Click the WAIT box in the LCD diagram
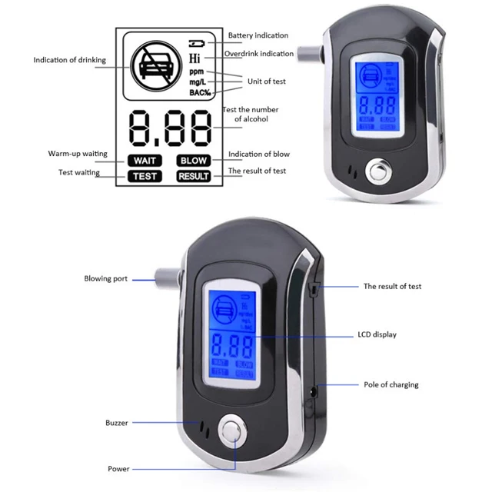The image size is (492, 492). pyautogui.click(x=144, y=161)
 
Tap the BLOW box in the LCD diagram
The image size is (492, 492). pyautogui.click(x=194, y=161)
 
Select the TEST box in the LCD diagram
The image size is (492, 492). pyautogui.click(x=144, y=176)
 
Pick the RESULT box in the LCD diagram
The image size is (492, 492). pyautogui.click(x=194, y=176)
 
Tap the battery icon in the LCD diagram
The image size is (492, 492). pyautogui.click(x=197, y=42)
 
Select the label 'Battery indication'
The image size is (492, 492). pyautogui.click(x=258, y=35)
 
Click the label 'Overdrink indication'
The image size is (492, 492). pyautogui.click(x=258, y=54)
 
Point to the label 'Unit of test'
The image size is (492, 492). pyautogui.click(x=266, y=81)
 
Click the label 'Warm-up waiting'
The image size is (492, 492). pyautogui.click(x=77, y=155)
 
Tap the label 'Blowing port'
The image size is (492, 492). pyautogui.click(x=105, y=279)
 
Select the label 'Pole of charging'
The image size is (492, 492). pyautogui.click(x=391, y=384)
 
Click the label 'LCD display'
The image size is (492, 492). pyautogui.click(x=377, y=335)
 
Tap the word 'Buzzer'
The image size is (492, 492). pyautogui.click(x=117, y=423)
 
